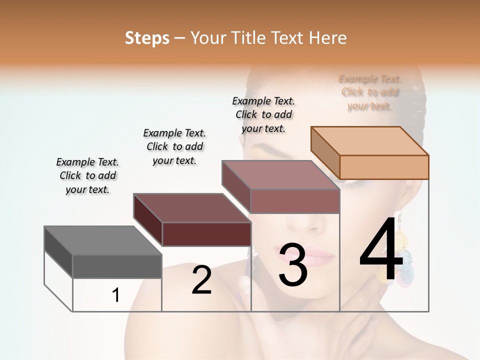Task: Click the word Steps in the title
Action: pos(147,38)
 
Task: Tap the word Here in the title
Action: pos(328,38)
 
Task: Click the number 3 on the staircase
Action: pos(292,265)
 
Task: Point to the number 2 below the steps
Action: pos(201,280)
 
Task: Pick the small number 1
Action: pos(116,295)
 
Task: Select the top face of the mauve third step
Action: pos(280,175)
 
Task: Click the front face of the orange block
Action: pos(384,167)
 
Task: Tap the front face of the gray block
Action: pos(117,266)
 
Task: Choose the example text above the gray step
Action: pos(87,175)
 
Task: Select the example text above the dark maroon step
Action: pos(174,146)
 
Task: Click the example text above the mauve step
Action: pos(263,114)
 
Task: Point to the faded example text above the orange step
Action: pos(370,92)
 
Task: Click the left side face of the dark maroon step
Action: pos(148,219)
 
